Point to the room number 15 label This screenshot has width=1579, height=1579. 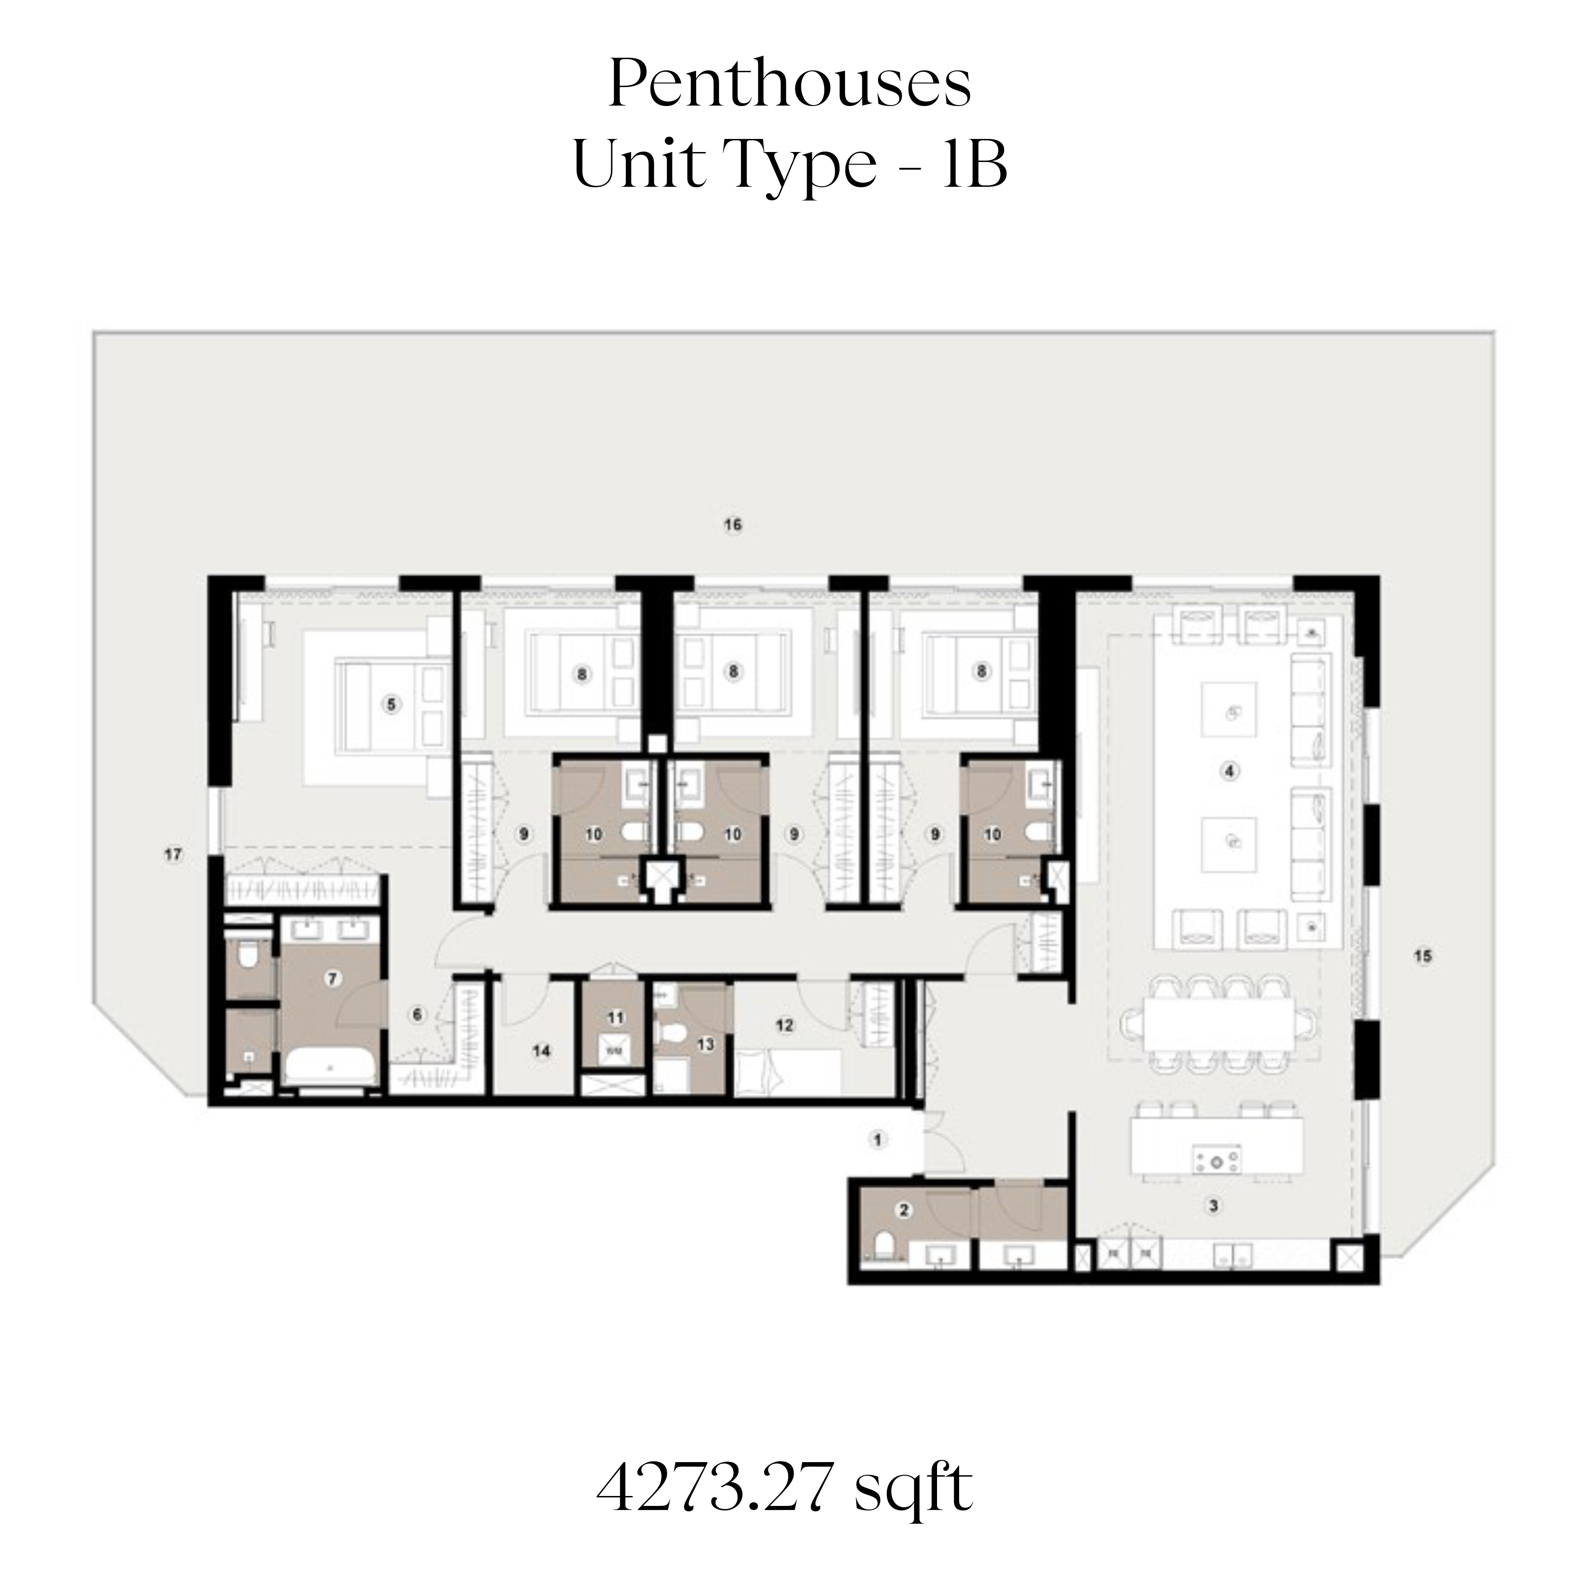[x=1423, y=956]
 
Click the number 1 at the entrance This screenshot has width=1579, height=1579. [x=878, y=1139]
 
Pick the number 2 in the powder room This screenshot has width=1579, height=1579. [x=904, y=1210]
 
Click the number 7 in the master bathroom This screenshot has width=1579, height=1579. [x=332, y=979]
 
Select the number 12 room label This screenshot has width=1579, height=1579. [x=785, y=1025]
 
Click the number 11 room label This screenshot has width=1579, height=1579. [x=615, y=1017]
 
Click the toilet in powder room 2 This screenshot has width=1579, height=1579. [x=883, y=1247]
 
